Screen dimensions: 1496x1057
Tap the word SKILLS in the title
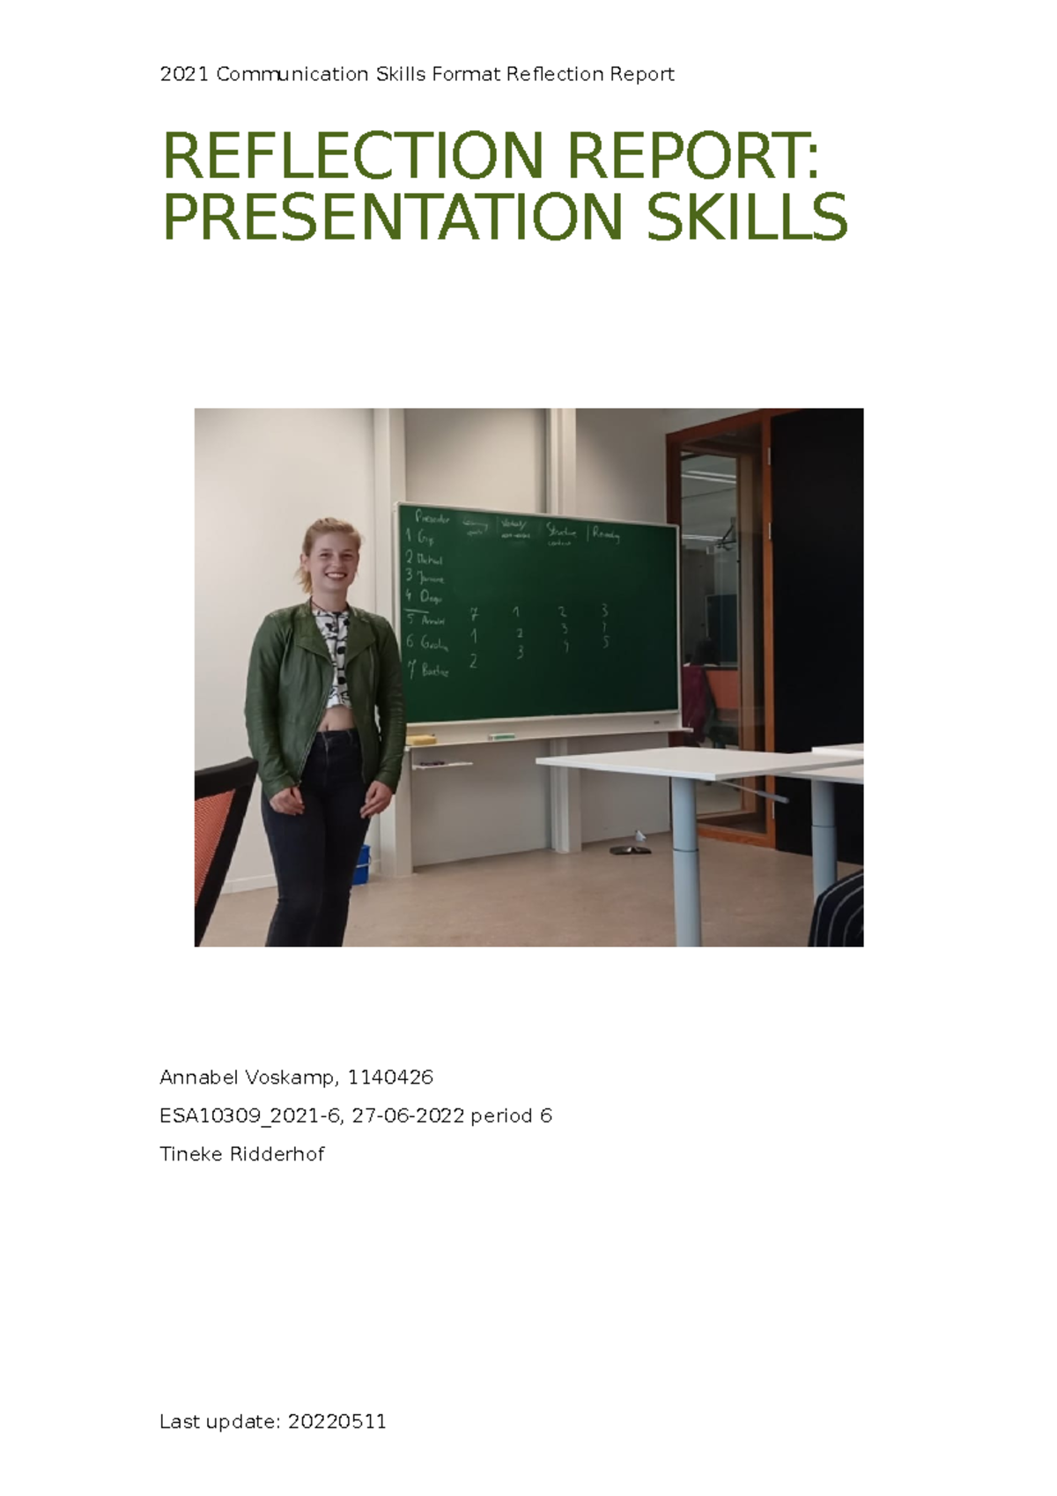tap(747, 218)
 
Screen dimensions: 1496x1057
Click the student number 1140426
tap(390, 1078)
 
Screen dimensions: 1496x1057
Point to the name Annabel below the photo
tap(200, 1078)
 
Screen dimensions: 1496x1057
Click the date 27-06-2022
tap(407, 1116)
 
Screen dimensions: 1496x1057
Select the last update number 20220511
tap(337, 1421)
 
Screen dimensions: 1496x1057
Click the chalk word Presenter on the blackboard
tap(432, 518)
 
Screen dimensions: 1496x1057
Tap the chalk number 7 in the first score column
tap(474, 614)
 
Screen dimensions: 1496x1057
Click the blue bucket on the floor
tap(361, 865)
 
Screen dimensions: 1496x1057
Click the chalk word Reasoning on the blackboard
tap(606, 534)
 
